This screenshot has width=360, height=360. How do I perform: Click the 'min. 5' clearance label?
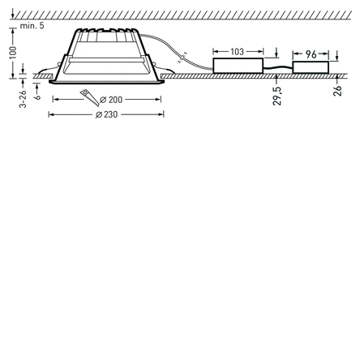coord(32,26)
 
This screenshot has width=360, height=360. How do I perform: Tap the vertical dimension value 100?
coord(13,53)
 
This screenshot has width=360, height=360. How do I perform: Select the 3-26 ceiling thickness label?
coord(23,99)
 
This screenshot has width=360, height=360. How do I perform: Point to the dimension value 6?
coord(37,96)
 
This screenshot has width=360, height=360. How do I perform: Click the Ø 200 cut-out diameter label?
coord(111,100)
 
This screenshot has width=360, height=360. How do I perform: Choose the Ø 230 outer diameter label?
coord(107,114)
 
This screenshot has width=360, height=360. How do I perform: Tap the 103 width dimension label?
coord(237,51)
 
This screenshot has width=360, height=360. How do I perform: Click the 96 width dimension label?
coord(311,54)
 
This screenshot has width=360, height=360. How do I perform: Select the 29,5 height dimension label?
coord(277,96)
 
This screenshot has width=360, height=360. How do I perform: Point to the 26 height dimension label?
coord(337,91)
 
